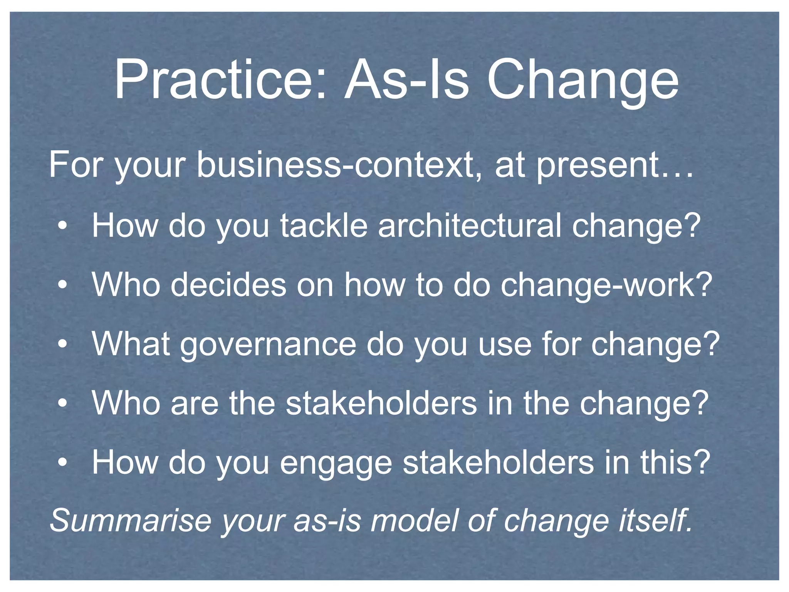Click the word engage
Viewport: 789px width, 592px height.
336,464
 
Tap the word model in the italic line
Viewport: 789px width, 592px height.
414,520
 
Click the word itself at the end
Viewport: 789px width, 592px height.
655,520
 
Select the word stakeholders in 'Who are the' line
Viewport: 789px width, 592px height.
381,403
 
